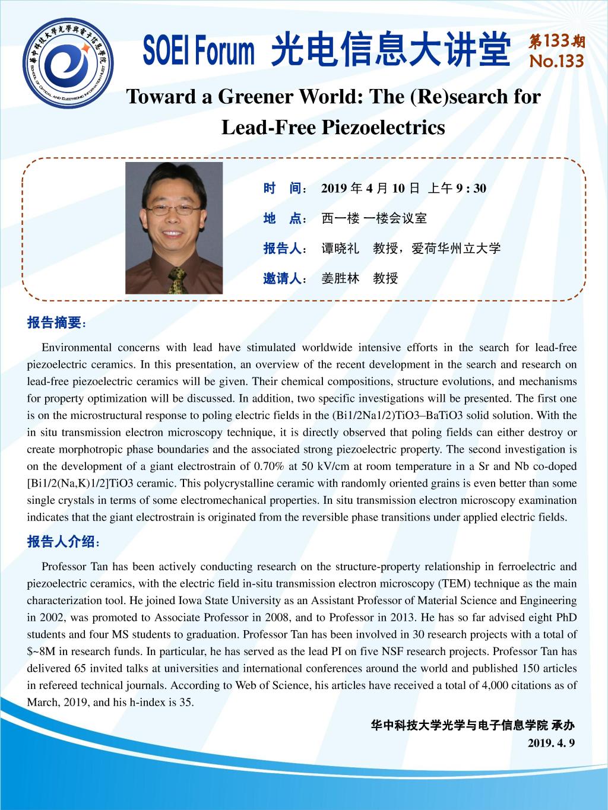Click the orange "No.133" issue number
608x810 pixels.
pyautogui.click(x=556, y=62)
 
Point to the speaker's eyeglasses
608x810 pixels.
pyautogui.click(x=172, y=209)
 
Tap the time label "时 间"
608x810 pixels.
pyautogui.click(x=283, y=188)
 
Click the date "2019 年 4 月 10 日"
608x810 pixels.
pyautogui.click(x=370, y=188)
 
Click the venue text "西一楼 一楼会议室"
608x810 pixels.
pyautogui.click(x=373, y=218)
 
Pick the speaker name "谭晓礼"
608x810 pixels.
pyautogui.click(x=340, y=249)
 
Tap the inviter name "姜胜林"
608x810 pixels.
pyautogui.click(x=340, y=278)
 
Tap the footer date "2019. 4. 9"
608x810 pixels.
pyautogui.click(x=551, y=743)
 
